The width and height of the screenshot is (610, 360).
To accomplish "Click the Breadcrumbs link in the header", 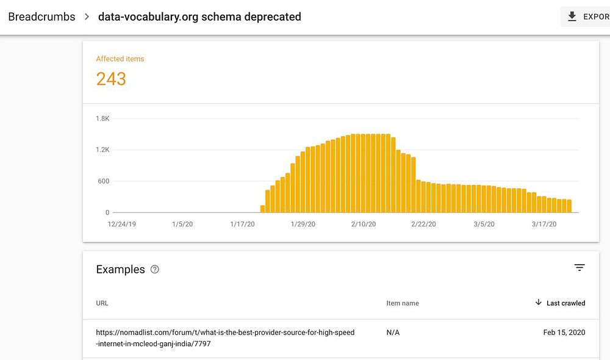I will click(x=41, y=16).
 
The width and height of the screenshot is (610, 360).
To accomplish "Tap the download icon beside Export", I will click(x=572, y=16).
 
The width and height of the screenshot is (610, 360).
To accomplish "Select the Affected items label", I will click(x=120, y=59).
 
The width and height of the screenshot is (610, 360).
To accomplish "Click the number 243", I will click(x=111, y=79).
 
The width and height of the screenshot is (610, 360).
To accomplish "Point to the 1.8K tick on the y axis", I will click(x=102, y=118).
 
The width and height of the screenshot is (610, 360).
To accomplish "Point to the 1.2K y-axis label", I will click(x=102, y=149).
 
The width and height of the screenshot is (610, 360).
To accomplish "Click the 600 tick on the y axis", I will click(x=104, y=181).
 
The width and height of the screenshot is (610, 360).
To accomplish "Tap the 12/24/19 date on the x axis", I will click(x=121, y=225).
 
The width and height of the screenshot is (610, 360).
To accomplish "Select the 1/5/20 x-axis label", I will click(x=182, y=225).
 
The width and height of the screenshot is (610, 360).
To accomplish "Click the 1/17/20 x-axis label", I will click(x=242, y=225).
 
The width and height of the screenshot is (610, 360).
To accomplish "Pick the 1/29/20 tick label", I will click(x=303, y=225).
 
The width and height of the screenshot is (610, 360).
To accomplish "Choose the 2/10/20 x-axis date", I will click(x=364, y=225).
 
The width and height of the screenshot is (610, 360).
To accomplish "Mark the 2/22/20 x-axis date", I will click(x=423, y=225).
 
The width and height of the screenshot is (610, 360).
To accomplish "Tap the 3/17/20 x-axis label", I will click(x=544, y=225).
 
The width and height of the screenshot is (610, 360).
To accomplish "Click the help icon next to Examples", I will click(x=155, y=269).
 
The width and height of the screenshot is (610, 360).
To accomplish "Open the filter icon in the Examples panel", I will click(x=579, y=267).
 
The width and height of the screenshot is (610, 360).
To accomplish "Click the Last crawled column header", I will click(x=565, y=303).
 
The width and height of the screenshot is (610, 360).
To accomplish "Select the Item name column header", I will click(x=403, y=303).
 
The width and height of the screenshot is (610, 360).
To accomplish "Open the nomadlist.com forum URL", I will click(x=225, y=338).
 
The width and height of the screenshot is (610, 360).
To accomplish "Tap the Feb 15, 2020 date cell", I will click(x=564, y=333).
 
